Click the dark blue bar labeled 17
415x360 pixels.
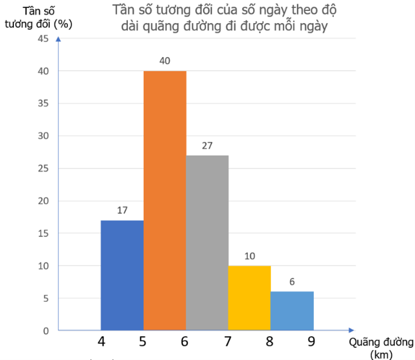click(x=122, y=275)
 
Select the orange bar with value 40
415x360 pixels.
click(x=165, y=201)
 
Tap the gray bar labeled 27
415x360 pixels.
click(x=207, y=242)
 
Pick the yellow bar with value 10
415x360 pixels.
click(x=250, y=298)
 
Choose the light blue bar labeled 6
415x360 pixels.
click(x=292, y=310)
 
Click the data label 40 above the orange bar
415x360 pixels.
click(x=165, y=61)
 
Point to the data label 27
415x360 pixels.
click(x=207, y=145)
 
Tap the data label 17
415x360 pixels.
click(x=122, y=210)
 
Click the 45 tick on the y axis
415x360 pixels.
click(x=43, y=39)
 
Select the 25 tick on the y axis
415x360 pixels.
click(x=43, y=168)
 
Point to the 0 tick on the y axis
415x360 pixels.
click(x=45, y=331)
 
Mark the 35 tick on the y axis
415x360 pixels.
click(x=43, y=104)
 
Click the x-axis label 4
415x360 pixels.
click(x=101, y=342)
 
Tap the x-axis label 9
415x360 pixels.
click(x=311, y=342)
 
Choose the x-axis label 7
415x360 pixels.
click(x=227, y=342)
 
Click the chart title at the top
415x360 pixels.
click(x=224, y=19)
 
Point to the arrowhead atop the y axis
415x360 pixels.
click(x=58, y=39)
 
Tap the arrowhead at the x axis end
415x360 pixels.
click(x=351, y=330)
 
